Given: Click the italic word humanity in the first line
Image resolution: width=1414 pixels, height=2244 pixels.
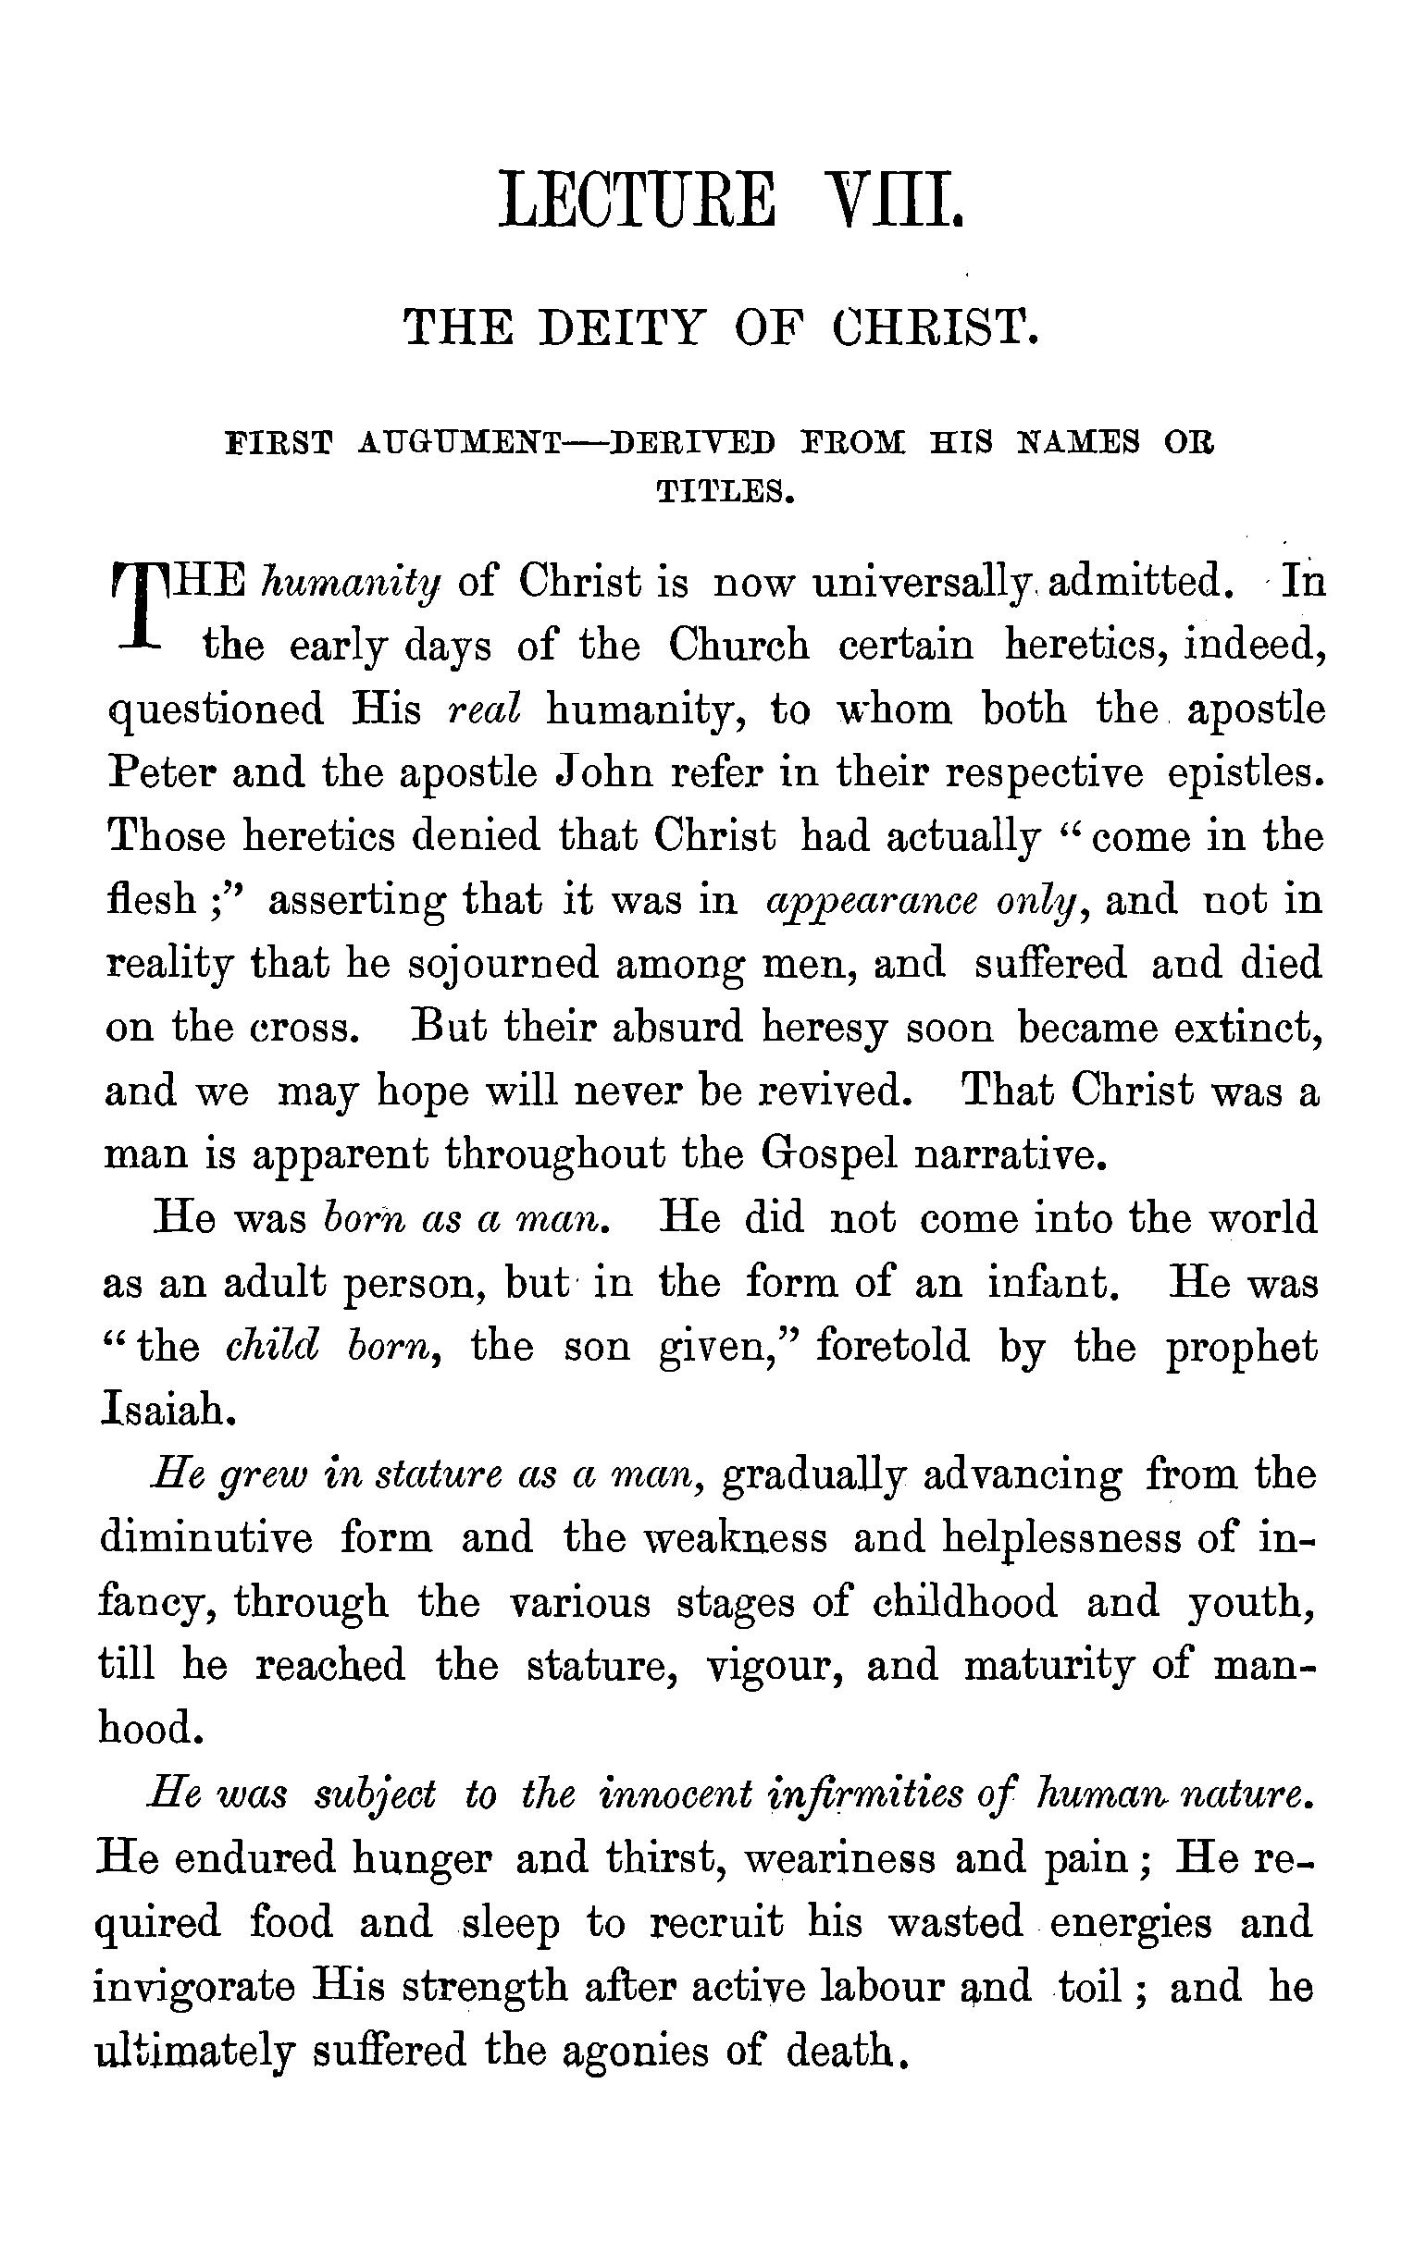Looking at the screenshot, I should [x=351, y=584].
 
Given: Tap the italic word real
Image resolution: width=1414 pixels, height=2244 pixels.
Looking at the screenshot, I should [x=484, y=710].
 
